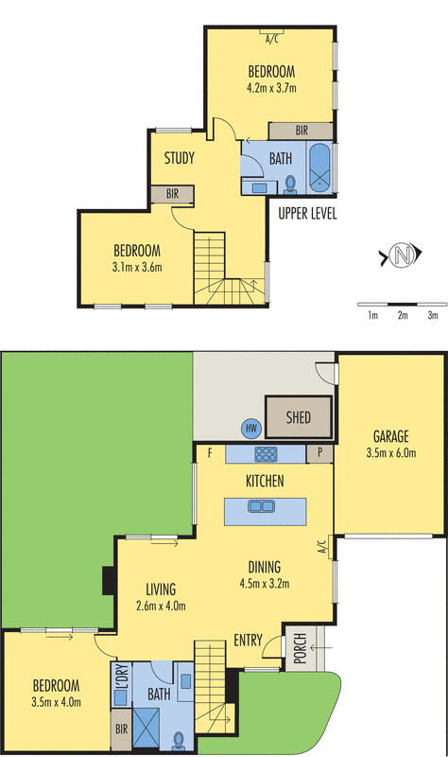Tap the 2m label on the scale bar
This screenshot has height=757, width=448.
point(403,315)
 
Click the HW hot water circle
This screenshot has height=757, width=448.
point(251,428)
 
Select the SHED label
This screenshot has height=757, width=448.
point(301,415)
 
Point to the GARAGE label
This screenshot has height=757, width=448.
point(389,437)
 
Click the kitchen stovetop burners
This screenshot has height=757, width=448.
point(266,453)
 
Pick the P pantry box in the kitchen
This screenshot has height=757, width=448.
point(320,453)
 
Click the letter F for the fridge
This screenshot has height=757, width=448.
point(208,453)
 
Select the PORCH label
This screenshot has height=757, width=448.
point(300,649)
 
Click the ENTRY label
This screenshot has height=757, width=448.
point(248,641)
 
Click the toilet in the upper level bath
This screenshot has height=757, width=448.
point(290,184)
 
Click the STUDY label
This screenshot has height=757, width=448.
point(179,157)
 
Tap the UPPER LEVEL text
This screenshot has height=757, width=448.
point(307,214)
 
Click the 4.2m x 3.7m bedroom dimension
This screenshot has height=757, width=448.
point(272,89)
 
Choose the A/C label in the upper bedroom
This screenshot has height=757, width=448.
point(272,39)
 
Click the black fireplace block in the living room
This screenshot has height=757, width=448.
point(109,579)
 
